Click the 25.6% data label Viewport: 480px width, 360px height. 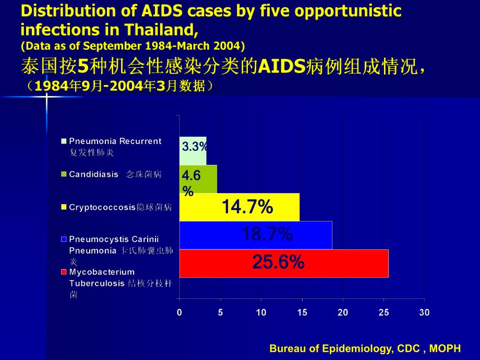click(x=278, y=262)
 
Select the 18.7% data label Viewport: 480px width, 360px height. click(x=267, y=234)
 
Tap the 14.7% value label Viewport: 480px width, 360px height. click(x=247, y=207)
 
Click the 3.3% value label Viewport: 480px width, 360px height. click(x=195, y=147)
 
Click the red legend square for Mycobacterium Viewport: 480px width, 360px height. click(x=64, y=272)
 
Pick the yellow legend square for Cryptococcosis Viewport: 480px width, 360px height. click(x=64, y=207)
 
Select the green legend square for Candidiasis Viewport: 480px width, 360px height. click(x=64, y=174)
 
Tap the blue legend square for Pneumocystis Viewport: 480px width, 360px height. click(x=64, y=239)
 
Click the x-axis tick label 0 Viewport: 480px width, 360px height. click(x=179, y=313)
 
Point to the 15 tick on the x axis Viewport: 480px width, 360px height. click(x=302, y=313)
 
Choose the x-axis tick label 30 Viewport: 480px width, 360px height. click(x=424, y=313)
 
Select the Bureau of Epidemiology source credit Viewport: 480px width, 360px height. click(x=365, y=349)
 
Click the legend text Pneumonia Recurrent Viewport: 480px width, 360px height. click(x=115, y=141)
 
